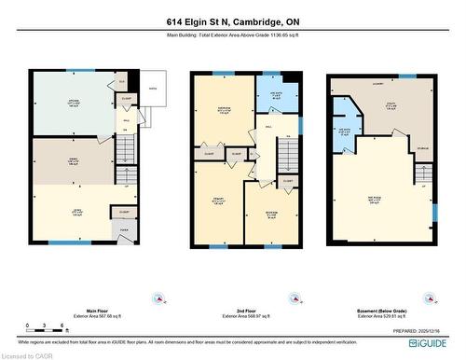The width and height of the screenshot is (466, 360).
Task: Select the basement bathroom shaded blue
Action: pyautogui.click(x=345, y=132)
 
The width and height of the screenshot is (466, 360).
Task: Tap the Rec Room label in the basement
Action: pyautogui.click(x=373, y=201)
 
